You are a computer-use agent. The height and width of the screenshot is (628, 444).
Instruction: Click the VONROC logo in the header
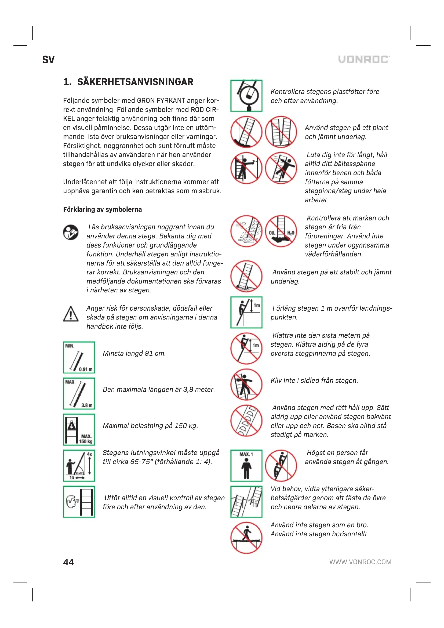coord(364,59)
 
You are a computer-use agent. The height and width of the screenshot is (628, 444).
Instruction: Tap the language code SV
coord(48,60)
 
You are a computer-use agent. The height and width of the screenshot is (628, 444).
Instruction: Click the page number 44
coord(68,562)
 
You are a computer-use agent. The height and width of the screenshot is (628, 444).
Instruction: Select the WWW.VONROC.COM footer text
coord(360,562)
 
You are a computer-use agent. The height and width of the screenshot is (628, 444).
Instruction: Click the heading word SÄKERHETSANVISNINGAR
coord(135,82)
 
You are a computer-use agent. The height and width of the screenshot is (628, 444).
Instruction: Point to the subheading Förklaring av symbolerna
coord(102,209)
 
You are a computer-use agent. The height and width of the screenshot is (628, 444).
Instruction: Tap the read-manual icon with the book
coord(71,232)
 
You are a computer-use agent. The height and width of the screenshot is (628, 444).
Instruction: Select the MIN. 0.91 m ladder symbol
coord(79,357)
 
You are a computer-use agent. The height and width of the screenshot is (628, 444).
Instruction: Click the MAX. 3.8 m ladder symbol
coord(79,393)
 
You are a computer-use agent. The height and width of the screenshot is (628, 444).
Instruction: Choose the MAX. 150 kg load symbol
coord(79,429)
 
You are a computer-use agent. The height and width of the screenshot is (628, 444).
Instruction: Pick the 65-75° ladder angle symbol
coord(79,466)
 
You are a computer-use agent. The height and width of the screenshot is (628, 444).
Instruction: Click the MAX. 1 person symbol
coord(246,466)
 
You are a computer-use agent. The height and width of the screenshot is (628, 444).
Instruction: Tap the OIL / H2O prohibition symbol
coord(281,231)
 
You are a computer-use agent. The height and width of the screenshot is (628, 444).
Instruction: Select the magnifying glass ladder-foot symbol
coord(246,96)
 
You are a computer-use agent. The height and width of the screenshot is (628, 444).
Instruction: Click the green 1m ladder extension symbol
coord(246,312)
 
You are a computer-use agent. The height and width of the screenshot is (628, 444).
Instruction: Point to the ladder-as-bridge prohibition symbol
coord(246,538)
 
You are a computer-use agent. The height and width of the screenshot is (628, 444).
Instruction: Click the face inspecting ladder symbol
coord(79,502)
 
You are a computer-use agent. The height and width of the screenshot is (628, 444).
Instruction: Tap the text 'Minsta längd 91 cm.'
coord(134,353)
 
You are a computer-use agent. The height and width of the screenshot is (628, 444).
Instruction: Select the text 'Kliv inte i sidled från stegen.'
coord(314,380)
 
